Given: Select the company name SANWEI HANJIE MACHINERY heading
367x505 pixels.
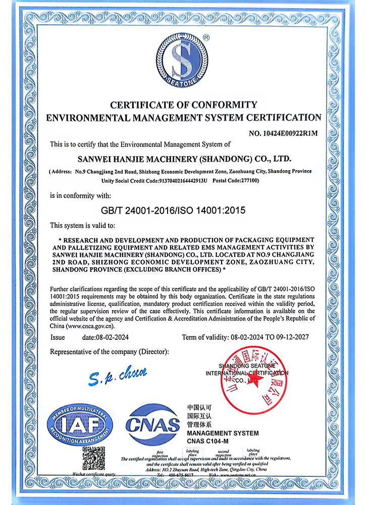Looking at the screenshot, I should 184,159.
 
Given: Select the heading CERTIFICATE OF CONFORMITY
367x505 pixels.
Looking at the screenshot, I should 184,105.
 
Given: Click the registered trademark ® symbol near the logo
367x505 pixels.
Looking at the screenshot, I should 206,37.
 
